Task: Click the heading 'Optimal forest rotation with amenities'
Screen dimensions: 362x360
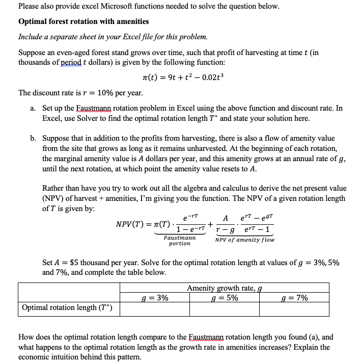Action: pos(84,21)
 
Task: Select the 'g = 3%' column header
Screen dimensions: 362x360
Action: pos(156,298)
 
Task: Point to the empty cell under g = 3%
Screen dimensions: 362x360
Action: pos(156,308)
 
